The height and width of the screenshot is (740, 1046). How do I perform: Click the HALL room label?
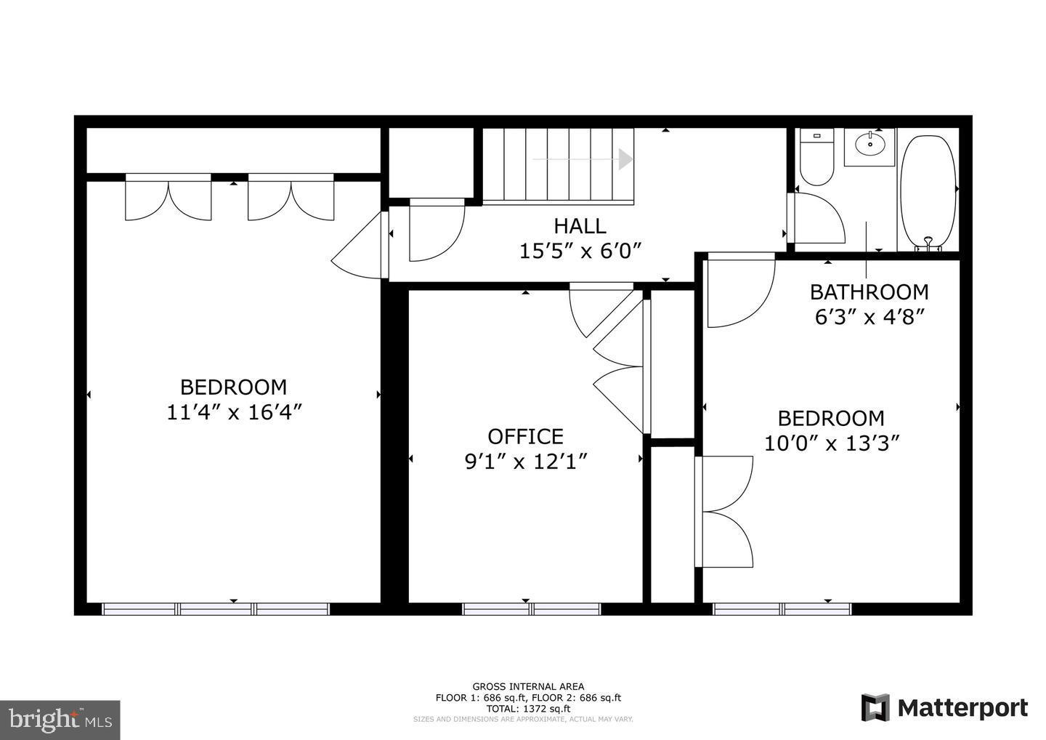coord(580,226)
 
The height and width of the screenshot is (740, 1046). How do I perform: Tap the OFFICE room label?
coord(525,436)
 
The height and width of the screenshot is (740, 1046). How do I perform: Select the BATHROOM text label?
coord(869,292)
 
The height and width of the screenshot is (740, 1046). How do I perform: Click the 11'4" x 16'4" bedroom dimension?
coord(234,412)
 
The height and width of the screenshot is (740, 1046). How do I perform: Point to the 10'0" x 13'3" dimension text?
coord(832,443)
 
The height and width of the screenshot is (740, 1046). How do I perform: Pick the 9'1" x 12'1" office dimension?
coord(525,462)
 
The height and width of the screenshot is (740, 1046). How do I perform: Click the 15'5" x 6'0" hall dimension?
coord(581,252)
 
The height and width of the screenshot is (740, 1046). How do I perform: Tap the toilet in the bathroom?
coord(816,158)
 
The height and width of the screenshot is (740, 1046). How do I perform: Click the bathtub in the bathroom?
coord(928,190)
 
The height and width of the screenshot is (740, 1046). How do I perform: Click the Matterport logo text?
coord(960,708)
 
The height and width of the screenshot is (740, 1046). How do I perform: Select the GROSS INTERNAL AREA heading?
coord(528,686)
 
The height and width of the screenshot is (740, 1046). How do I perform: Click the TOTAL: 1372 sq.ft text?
coord(528,709)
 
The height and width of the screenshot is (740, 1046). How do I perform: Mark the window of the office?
coord(531,609)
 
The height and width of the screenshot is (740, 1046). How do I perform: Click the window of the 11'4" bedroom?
coord(216,609)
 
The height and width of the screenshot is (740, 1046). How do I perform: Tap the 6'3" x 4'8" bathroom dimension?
coord(869,318)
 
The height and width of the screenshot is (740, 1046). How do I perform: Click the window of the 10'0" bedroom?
coord(782,609)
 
